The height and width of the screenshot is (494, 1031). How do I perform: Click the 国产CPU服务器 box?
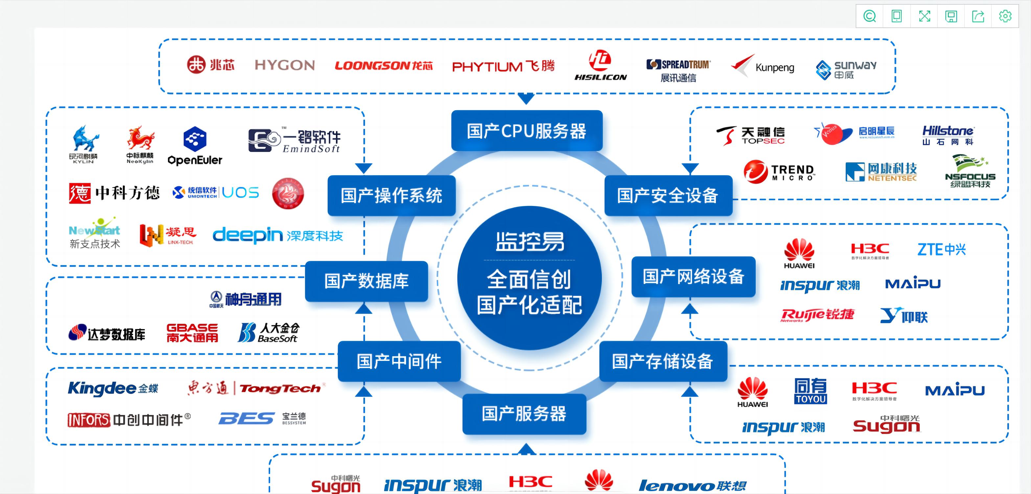526,131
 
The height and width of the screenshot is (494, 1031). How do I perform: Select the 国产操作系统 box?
391,196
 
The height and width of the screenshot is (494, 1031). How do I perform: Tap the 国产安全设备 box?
668,196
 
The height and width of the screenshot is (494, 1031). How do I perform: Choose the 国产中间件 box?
399,361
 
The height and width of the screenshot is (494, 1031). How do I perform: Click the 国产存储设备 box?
662,361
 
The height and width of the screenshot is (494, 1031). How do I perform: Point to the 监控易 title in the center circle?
530,241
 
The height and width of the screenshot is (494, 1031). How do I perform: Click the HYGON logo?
285,65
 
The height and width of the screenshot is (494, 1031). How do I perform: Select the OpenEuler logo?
195,146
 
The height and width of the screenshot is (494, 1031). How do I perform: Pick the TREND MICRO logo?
779,172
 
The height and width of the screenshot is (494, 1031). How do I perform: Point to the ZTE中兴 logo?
941,249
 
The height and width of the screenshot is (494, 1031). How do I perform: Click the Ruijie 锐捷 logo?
817,315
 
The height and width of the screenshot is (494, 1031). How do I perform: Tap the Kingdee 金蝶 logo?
113,388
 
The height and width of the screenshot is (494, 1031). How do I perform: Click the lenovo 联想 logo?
692,485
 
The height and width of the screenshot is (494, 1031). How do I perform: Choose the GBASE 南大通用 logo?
192,333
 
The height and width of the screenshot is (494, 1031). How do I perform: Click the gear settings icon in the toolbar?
1005,16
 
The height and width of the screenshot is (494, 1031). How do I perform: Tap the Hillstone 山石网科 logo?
948,135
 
